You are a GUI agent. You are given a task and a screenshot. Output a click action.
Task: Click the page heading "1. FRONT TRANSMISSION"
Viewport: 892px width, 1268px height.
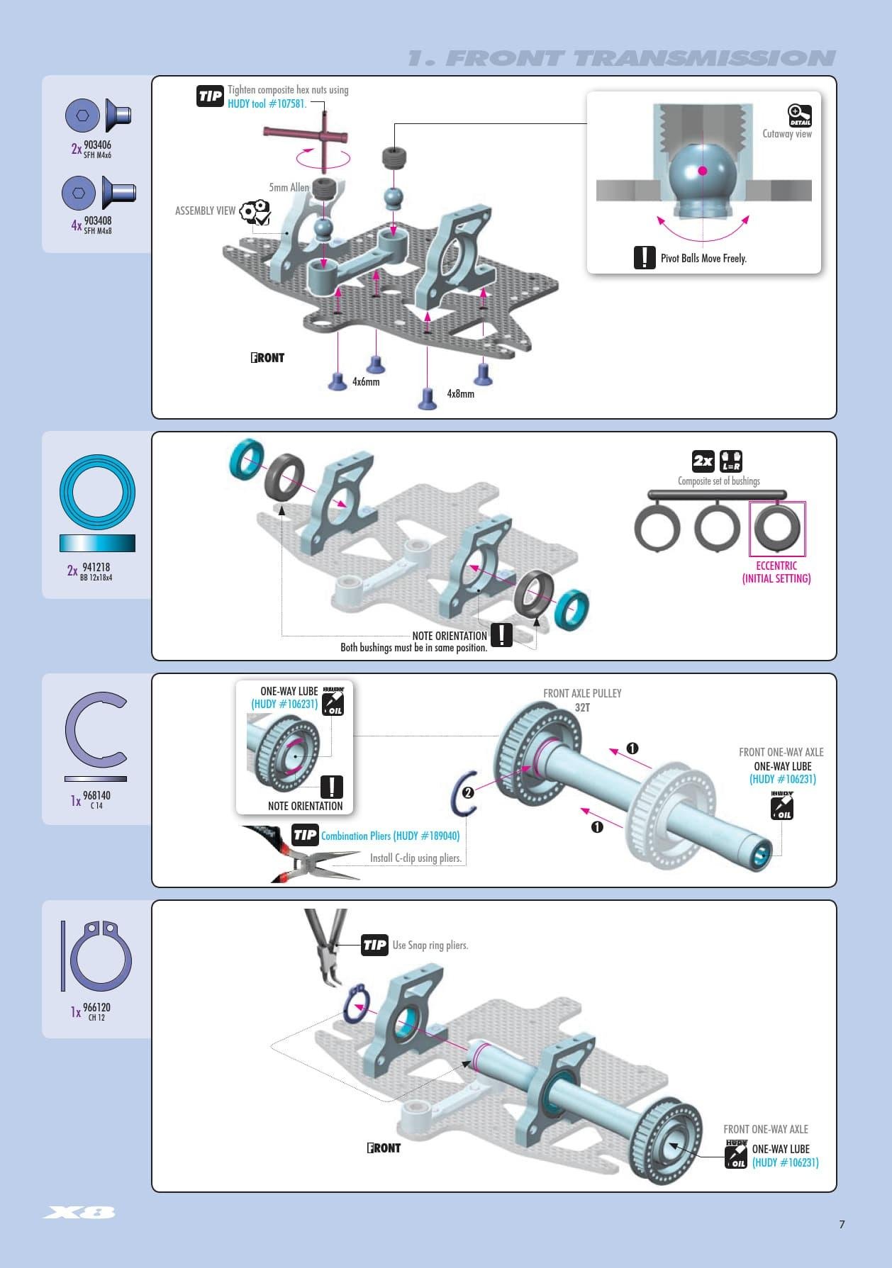tap(621, 58)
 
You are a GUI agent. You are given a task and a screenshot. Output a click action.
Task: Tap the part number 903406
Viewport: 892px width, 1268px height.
tap(97, 145)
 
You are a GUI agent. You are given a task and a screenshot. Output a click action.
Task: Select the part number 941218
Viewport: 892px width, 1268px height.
tap(96, 567)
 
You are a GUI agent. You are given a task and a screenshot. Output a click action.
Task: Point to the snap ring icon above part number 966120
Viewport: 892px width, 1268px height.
tap(100, 955)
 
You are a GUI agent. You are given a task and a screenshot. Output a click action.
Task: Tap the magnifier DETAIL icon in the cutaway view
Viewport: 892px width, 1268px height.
tap(799, 115)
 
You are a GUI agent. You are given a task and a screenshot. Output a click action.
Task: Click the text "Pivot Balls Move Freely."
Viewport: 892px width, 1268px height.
tap(703, 259)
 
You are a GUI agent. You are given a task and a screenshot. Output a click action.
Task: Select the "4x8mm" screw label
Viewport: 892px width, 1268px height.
tap(460, 393)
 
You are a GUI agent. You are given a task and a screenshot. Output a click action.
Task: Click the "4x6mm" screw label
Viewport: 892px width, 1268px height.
tap(366, 382)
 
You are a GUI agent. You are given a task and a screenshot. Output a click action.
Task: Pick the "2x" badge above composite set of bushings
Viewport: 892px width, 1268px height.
tap(703, 461)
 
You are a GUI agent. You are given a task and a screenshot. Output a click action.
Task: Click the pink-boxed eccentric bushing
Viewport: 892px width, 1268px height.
tap(777, 529)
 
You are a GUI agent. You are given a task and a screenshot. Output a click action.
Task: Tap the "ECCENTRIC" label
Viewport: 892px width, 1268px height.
tap(776, 566)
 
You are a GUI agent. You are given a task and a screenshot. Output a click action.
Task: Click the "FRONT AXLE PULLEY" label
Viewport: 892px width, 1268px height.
tap(582, 693)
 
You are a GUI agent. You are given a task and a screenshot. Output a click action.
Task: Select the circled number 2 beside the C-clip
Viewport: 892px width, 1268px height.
tap(468, 792)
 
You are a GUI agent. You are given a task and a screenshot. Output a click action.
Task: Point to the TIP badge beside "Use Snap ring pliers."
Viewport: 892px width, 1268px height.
tap(374, 945)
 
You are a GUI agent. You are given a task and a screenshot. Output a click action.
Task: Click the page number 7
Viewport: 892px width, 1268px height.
tap(842, 1224)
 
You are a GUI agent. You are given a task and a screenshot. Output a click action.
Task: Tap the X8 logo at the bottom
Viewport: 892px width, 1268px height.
tap(79, 1213)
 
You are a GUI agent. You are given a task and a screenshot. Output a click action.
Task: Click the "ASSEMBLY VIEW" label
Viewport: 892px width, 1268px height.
tap(205, 211)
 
